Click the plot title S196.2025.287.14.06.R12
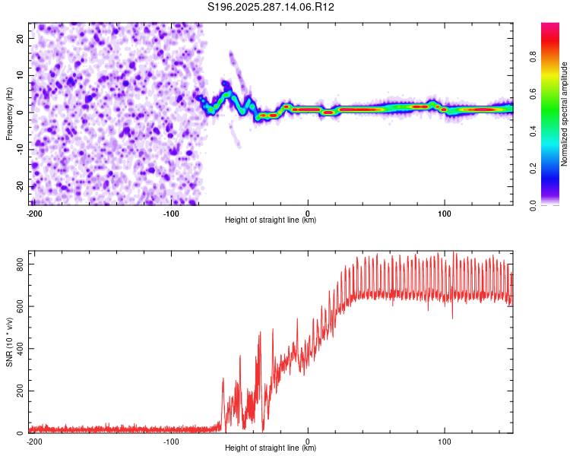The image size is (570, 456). click(271, 7)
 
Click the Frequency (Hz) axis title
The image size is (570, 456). click(9, 113)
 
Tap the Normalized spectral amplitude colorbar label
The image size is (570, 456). click(565, 114)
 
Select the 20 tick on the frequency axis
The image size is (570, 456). click(21, 38)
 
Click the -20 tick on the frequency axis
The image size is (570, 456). click(19, 186)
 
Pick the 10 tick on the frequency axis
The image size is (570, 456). click(21, 75)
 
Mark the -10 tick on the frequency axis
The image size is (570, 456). click(19, 149)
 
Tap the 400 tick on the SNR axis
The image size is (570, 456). click(17, 349)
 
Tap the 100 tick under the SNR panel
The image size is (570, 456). click(445, 442)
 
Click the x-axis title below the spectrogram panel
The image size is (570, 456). click(271, 220)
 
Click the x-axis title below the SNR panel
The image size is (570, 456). click(271, 448)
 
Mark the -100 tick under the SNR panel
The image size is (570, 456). click(170, 442)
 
